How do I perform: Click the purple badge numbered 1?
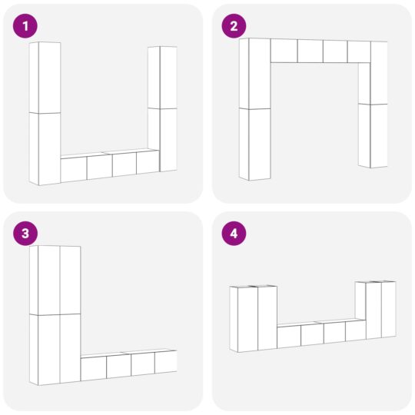point(25,27)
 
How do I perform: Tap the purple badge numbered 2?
point(234,27)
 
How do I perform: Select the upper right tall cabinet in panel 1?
point(163,77)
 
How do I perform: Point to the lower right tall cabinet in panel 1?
point(163,138)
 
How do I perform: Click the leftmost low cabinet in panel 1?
point(74,168)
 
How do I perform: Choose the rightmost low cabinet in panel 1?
point(147,162)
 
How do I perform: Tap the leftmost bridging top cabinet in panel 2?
point(284,51)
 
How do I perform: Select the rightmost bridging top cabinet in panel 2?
point(358,51)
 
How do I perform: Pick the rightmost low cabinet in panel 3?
point(165,362)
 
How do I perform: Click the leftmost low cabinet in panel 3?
point(93,368)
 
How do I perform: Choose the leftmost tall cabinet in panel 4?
point(247,319)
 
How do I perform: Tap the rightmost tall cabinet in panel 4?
point(388,309)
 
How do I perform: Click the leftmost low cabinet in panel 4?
point(288,337)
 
